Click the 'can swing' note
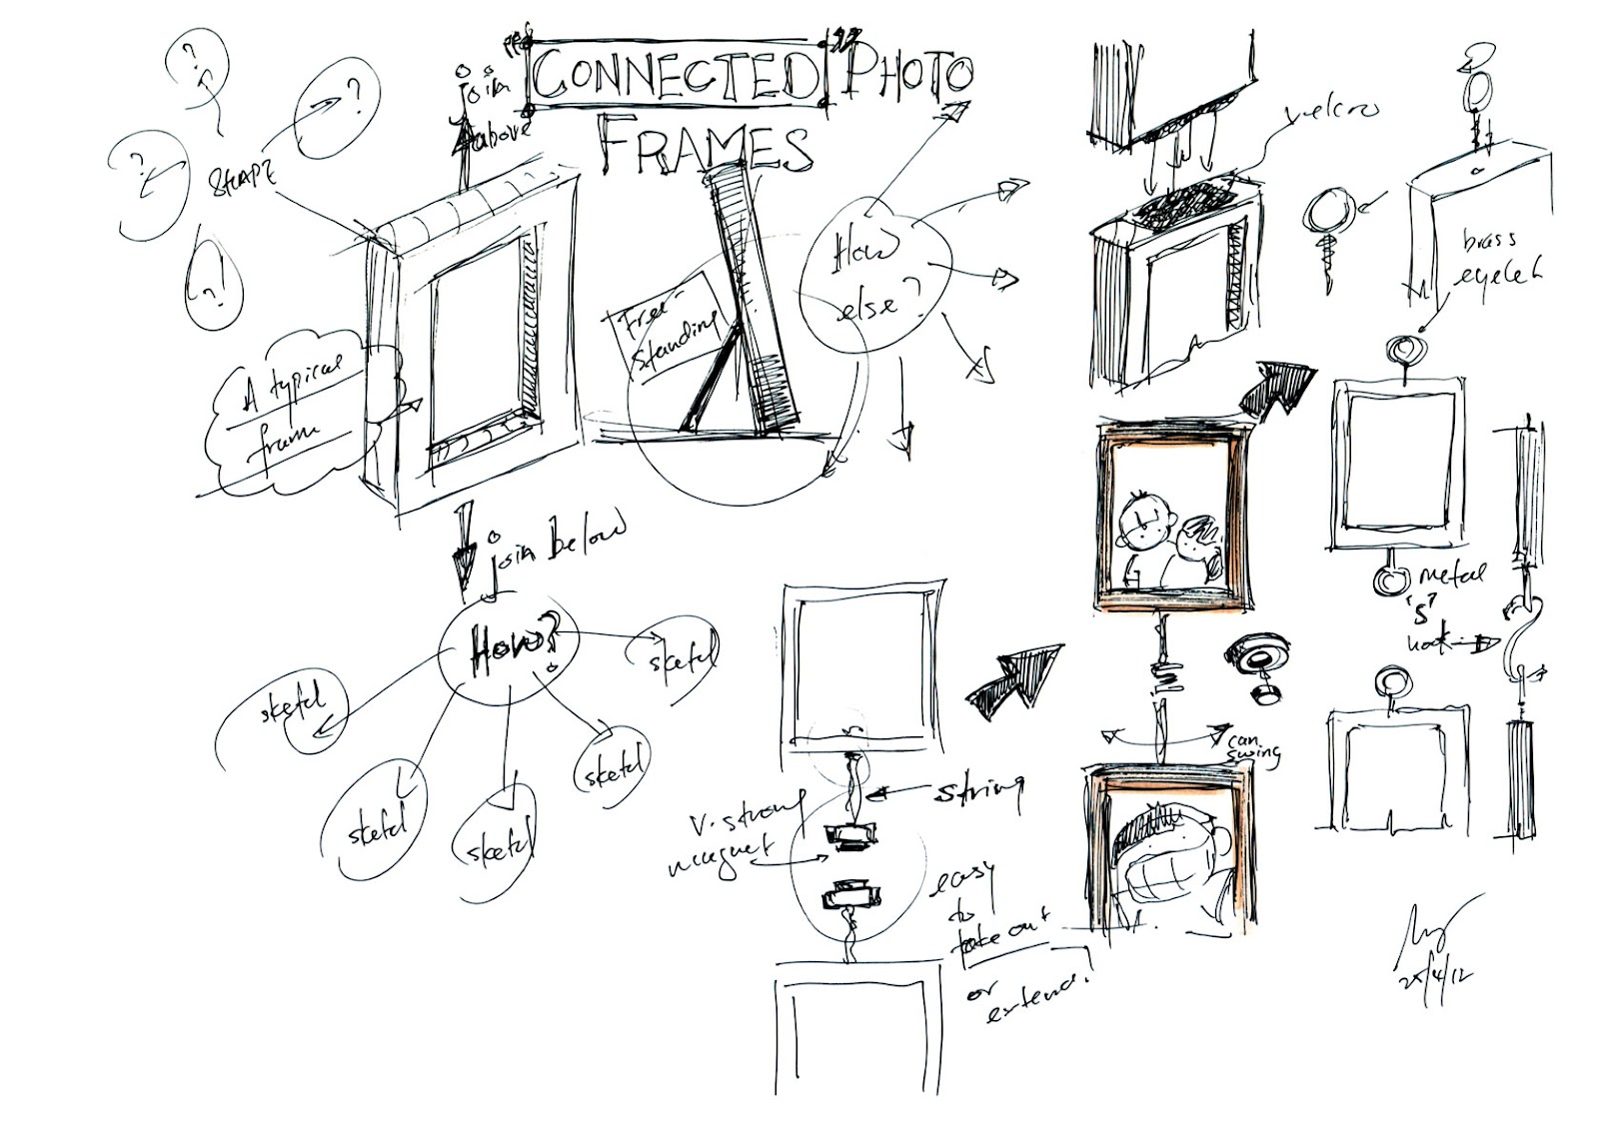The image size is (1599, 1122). [x=1253, y=744]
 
